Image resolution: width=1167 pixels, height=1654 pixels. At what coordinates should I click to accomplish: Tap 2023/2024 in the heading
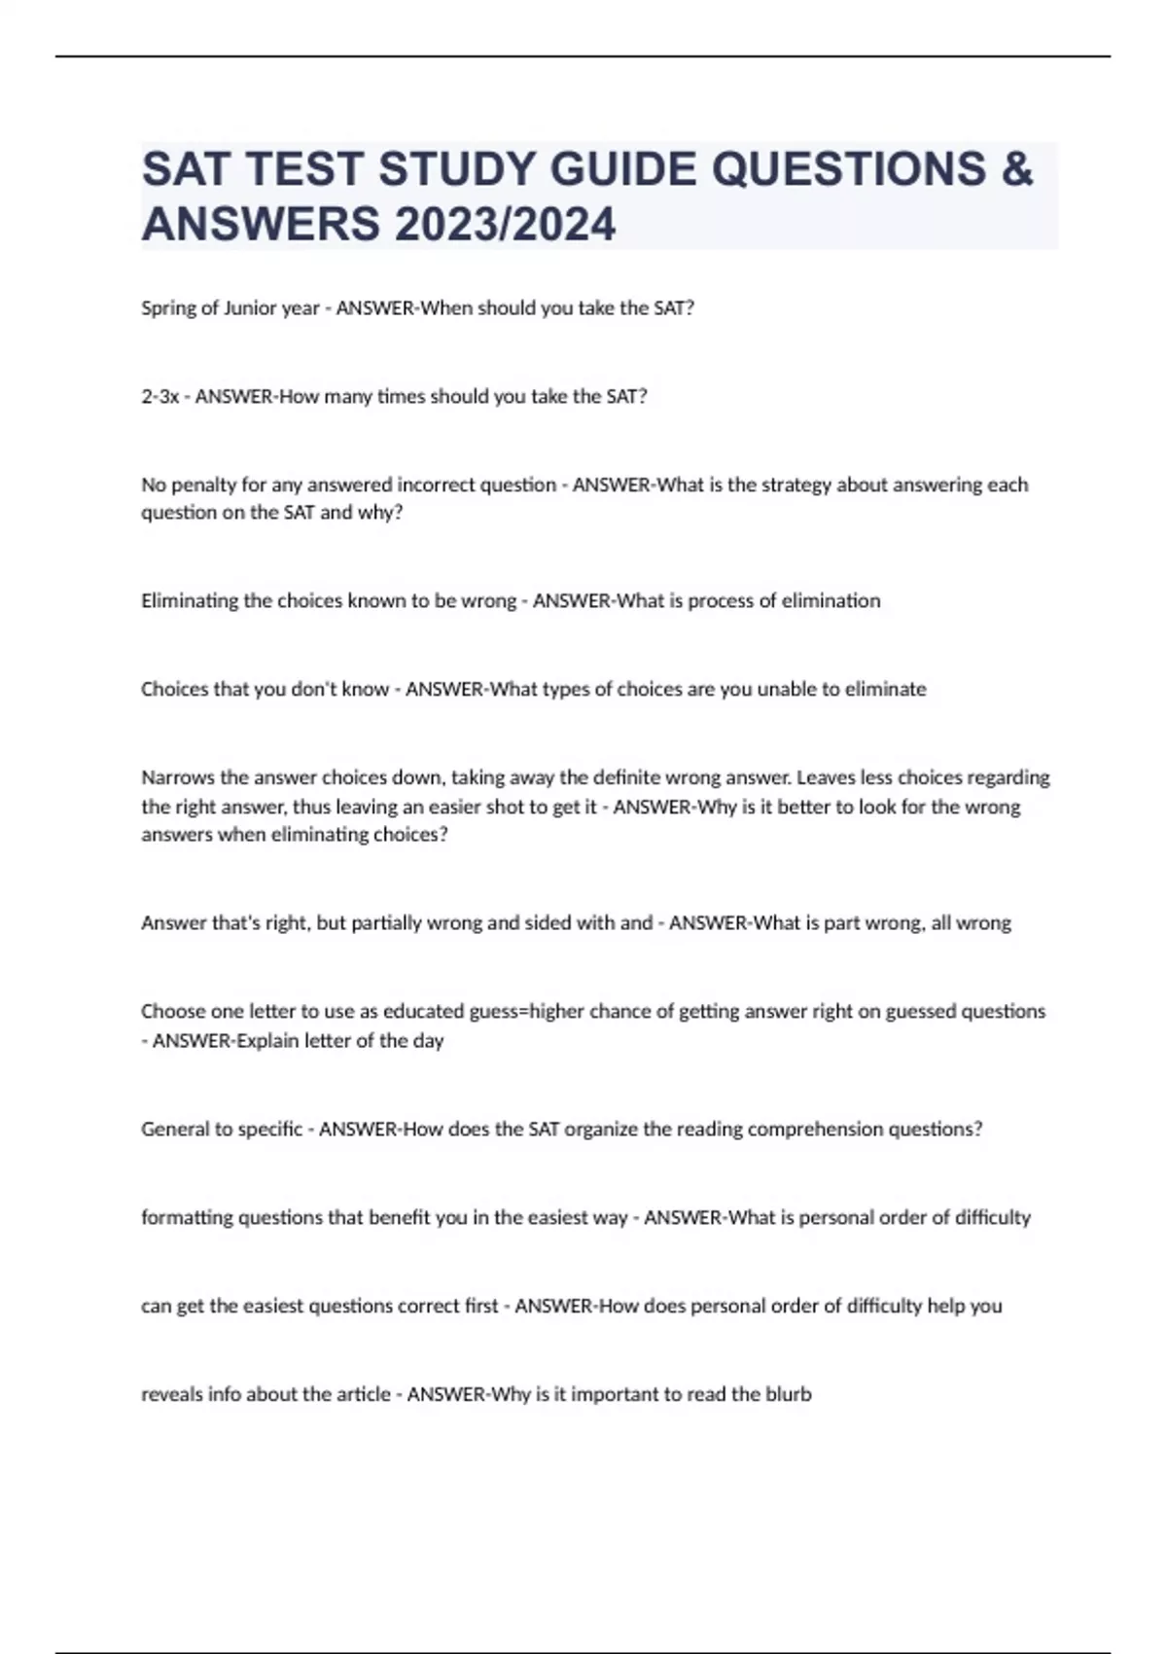(x=505, y=225)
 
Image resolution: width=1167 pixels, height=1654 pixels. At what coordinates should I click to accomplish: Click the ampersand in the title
(x=1015, y=169)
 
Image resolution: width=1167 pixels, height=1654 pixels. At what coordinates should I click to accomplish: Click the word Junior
(x=251, y=308)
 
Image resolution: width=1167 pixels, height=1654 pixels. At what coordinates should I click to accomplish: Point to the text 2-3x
(x=160, y=397)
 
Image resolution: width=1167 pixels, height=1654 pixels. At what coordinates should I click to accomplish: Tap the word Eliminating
(x=190, y=600)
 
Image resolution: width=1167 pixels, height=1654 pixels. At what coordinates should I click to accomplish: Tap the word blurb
(x=789, y=1394)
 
